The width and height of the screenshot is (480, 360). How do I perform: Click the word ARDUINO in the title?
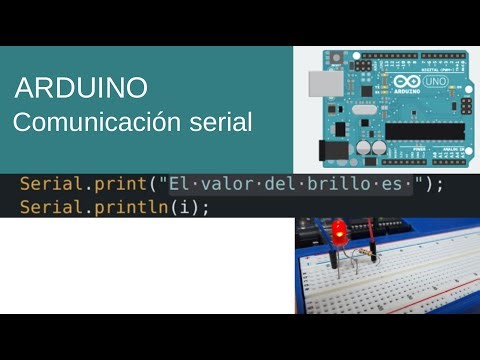(x=81, y=88)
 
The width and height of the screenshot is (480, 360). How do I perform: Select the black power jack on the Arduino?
(x=329, y=150)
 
